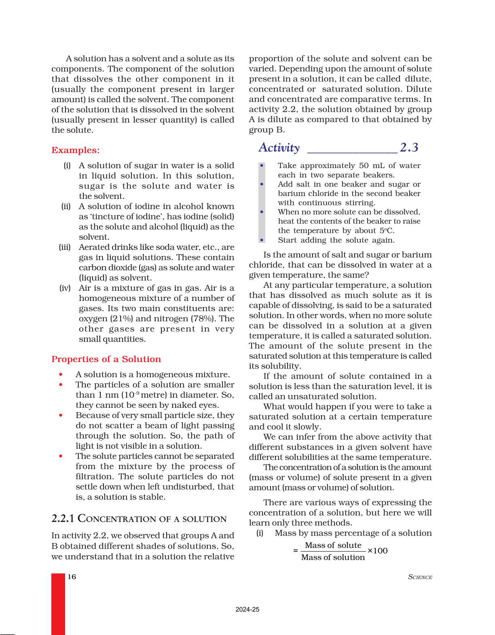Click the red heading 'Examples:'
point(75,150)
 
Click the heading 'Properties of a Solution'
point(106,359)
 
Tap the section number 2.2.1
point(63,518)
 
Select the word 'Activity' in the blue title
point(279,147)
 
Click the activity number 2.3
point(409,147)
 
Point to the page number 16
point(72,577)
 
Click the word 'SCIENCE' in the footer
point(420,577)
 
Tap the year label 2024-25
point(247,609)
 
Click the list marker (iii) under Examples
point(65,247)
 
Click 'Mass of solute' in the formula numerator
point(333,546)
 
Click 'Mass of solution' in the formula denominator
point(333,558)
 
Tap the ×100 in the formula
point(377,551)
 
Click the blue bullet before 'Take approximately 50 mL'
point(262,166)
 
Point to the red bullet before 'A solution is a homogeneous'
point(61,375)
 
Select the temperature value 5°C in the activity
point(387,231)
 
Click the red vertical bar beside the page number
point(58,603)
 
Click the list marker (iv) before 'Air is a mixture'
point(65,288)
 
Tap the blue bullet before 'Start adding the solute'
point(262,240)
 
